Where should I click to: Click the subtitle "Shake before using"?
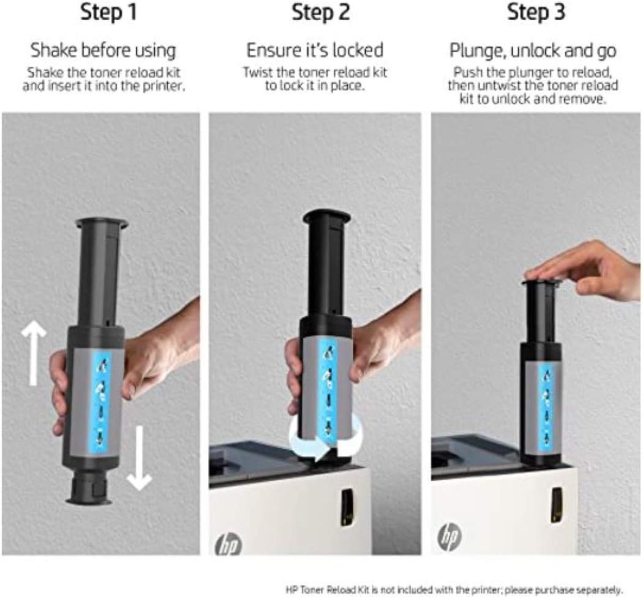coord(103,50)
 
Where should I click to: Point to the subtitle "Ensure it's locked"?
coord(315,50)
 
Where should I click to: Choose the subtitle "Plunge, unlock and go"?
coord(533,50)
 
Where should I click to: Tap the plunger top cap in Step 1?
coord(101,223)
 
